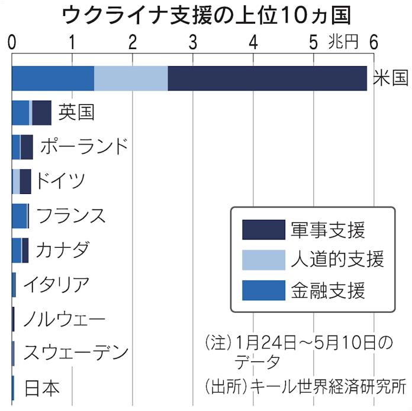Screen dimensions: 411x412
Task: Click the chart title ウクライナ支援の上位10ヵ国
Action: pos(205,15)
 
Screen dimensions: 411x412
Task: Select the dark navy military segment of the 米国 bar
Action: pos(267,79)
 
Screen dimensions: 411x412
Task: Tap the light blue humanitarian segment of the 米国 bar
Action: pos(131,79)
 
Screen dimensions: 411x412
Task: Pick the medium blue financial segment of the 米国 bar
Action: pos(53,79)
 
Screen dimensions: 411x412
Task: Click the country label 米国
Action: pos(391,79)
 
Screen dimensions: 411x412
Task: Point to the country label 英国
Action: pos(76,112)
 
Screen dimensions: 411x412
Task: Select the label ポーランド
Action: pos(84,146)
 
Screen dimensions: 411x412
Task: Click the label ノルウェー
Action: pos(64,319)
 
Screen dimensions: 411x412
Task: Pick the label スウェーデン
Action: pos(75,353)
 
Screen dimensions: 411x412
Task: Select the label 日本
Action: pos(41,388)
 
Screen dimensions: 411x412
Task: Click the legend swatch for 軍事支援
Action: pos(263,229)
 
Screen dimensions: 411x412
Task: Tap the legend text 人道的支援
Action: pos(338,259)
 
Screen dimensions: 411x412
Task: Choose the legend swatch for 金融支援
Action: pos(263,290)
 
